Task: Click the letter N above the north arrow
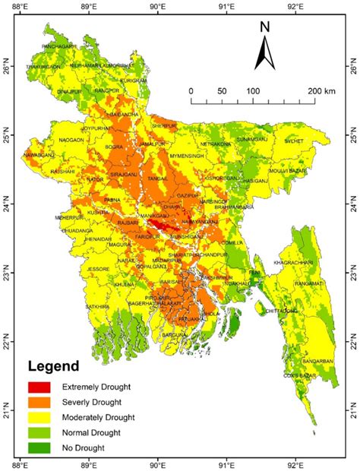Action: click(x=265, y=27)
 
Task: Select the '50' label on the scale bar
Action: click(x=222, y=91)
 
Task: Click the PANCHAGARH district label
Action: click(x=59, y=47)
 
